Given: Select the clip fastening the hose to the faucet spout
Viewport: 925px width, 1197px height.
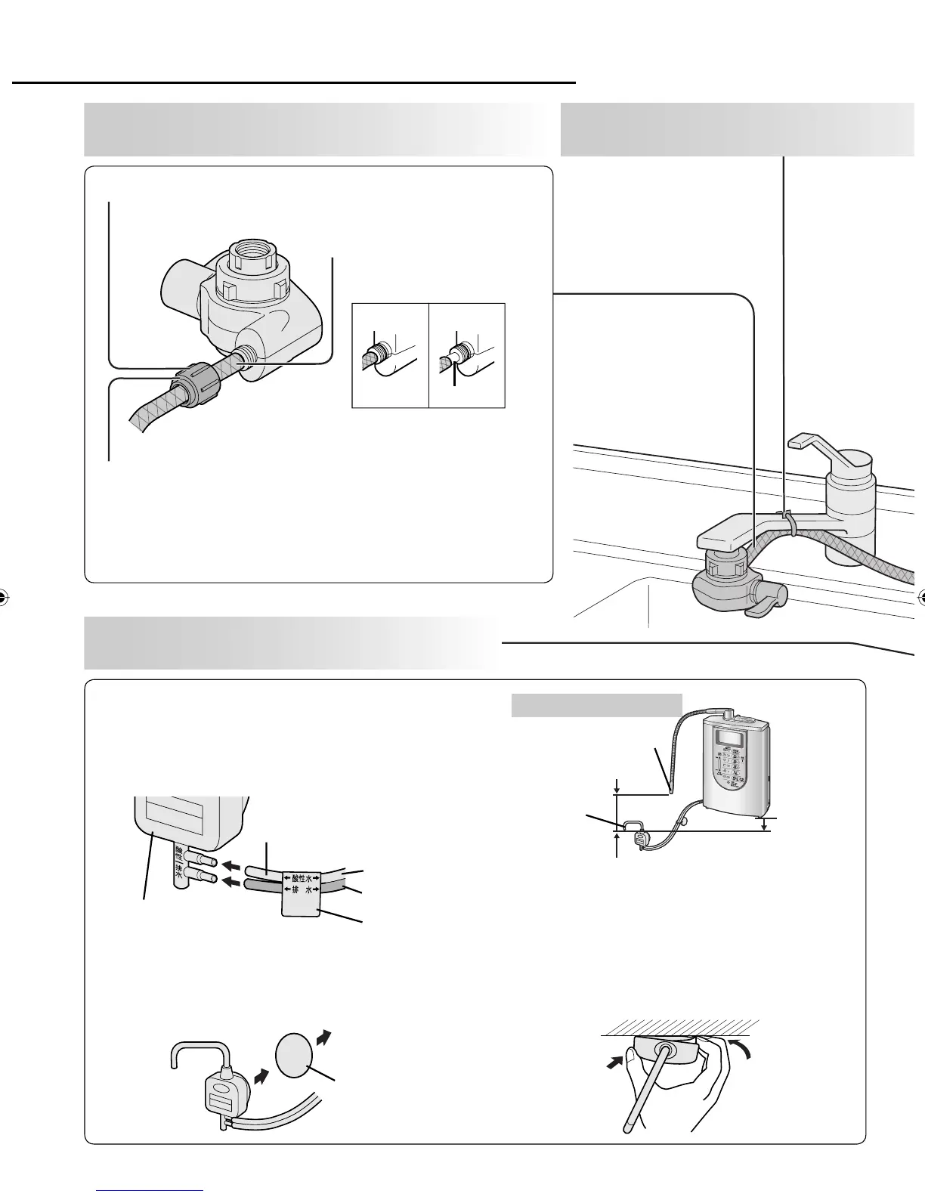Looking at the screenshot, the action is pyautogui.click(x=788, y=521).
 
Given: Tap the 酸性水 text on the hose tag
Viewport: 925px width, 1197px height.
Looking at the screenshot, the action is pyautogui.click(x=302, y=877).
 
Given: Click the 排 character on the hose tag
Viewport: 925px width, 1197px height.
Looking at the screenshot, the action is pyautogui.click(x=292, y=890).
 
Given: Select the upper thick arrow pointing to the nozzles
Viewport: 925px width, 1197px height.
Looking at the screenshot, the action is pyautogui.click(x=234, y=864).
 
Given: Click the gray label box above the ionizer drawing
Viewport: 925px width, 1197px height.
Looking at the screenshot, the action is pyautogui.click(x=597, y=704).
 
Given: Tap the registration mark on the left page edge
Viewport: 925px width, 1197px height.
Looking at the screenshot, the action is pyautogui.click(x=3, y=596).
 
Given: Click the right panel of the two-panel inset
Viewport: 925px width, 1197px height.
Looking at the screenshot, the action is pyautogui.click(x=466, y=355).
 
